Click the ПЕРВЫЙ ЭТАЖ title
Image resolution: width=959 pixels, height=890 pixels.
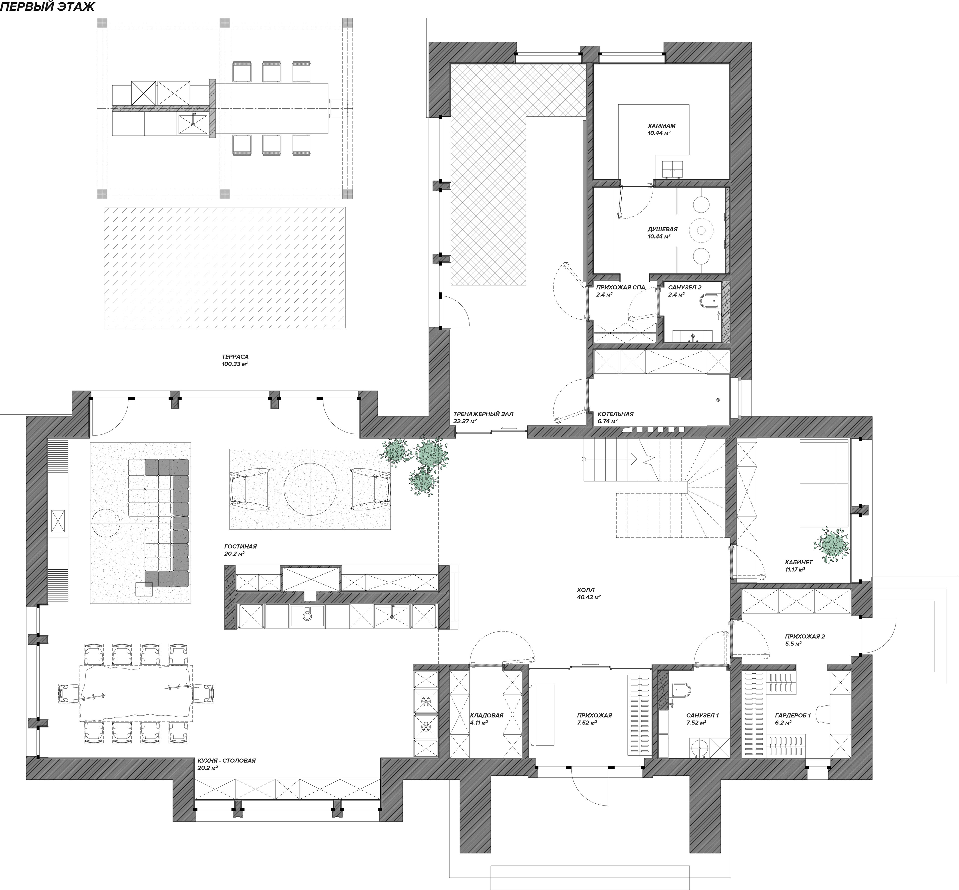click(x=47, y=7)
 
